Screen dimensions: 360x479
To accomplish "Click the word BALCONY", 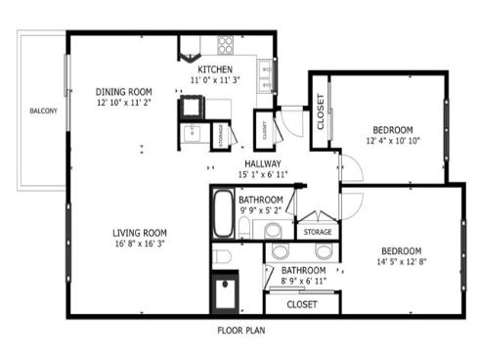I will [x=42, y=110].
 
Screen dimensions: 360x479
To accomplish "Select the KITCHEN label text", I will [x=214, y=70].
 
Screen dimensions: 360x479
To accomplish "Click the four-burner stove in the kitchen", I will [x=225, y=44].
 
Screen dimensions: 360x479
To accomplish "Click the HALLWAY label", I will [x=263, y=163].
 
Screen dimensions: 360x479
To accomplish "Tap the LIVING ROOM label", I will [x=139, y=233].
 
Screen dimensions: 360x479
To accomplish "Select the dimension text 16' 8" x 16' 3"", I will [x=139, y=245].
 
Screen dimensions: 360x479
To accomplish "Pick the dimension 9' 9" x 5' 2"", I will [x=260, y=209].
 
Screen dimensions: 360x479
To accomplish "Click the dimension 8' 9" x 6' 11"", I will [x=303, y=281].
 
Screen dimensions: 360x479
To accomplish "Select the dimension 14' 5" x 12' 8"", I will [x=402, y=261].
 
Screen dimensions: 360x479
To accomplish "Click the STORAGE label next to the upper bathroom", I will [x=318, y=232].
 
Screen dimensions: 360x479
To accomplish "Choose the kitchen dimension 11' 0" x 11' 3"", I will [x=214, y=82].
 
